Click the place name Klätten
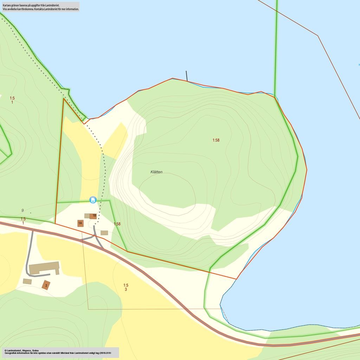[x=156, y=172]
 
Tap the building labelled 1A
[x=81, y=223]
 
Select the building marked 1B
[x=94, y=216]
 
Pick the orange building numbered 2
[x=46, y=285]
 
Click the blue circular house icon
[x=93, y=200]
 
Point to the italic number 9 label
[x=22, y=211]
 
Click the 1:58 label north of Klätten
[x=216, y=140]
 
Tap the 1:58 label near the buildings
[x=117, y=224]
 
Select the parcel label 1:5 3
[x=126, y=287]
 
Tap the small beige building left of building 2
[x=27, y=281]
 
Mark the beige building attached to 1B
[x=87, y=216]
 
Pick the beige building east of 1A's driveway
[x=104, y=233]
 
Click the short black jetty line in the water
[x=187, y=76]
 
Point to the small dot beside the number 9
[x=31, y=213]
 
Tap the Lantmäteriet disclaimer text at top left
[x=40, y=7]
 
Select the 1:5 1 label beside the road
[x=23, y=221]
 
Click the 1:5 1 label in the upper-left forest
[x=12, y=100]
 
